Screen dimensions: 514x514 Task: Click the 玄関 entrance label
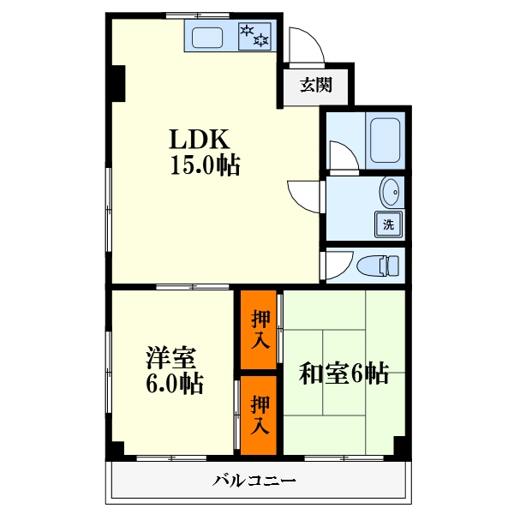316,85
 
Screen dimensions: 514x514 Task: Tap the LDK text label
199,140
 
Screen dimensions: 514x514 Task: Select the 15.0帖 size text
206,164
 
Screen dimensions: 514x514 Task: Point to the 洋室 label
171,357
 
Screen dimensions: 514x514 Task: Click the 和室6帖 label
344,373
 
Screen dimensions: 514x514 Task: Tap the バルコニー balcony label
254,481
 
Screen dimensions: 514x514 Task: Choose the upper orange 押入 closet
259,330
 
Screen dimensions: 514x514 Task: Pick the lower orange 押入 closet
259,415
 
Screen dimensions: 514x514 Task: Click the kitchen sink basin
207,38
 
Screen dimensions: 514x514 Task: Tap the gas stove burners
254,36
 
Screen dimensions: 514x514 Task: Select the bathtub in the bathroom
385,140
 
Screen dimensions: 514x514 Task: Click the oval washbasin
390,192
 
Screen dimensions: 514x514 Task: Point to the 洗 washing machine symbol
388,224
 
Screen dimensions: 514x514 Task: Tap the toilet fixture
378,266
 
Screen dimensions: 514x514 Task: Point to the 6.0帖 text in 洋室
175,383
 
